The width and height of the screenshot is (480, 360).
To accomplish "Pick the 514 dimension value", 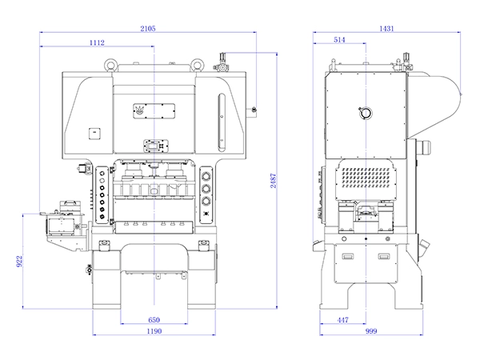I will (x=341, y=39).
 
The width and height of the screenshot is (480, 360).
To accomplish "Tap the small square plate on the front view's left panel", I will (x=94, y=130).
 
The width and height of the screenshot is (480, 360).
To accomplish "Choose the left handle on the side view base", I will (x=349, y=257).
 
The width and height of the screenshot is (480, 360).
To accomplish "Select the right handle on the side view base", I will (x=385, y=257).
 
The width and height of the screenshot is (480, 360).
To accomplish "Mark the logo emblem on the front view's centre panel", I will (x=141, y=109).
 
